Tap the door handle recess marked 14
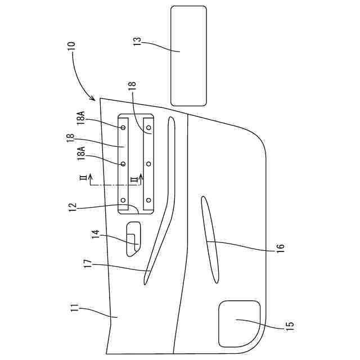tap(134, 239)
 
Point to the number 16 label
tap(281, 246)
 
